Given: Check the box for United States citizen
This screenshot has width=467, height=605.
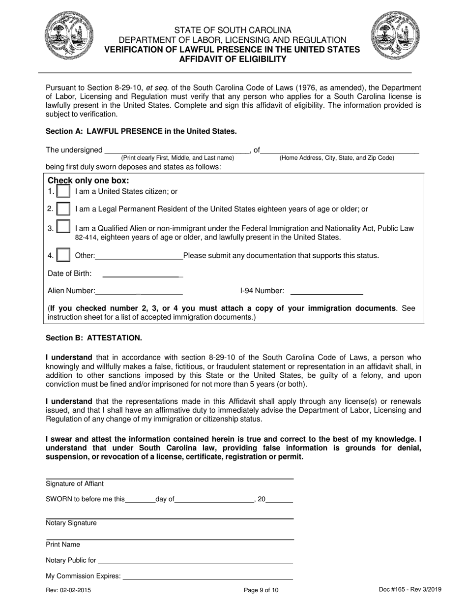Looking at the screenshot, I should point(63,191).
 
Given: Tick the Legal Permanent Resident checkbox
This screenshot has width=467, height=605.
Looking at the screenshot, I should point(63,209).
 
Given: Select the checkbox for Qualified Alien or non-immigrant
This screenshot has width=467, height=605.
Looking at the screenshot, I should point(63,228).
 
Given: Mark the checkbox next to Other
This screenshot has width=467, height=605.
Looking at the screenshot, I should point(63,255).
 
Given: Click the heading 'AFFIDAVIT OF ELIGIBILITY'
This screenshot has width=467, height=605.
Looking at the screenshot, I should point(233,59).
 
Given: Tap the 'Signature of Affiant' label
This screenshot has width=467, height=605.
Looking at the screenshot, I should point(75,484).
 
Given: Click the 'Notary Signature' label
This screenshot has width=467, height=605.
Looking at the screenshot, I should point(71,523).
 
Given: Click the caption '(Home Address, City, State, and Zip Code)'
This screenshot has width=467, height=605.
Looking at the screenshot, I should point(337,158).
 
